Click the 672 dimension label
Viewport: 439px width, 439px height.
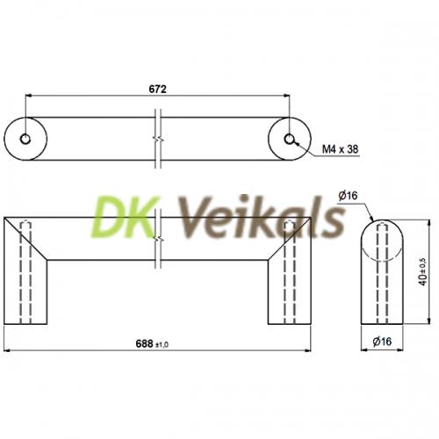pos(157,89)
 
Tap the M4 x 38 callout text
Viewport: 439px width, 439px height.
pos(340,149)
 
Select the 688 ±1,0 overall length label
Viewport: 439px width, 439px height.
pos(152,343)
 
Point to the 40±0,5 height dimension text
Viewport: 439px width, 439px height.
pos(423,272)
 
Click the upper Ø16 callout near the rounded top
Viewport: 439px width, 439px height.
pos(348,196)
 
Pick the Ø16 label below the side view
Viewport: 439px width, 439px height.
pos(382,342)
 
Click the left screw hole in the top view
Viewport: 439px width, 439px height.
pos(25,139)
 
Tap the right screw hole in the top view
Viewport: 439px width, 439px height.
pos(290,139)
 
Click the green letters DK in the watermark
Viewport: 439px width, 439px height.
pos(125,218)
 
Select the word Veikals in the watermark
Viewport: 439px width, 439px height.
pos(262,217)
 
